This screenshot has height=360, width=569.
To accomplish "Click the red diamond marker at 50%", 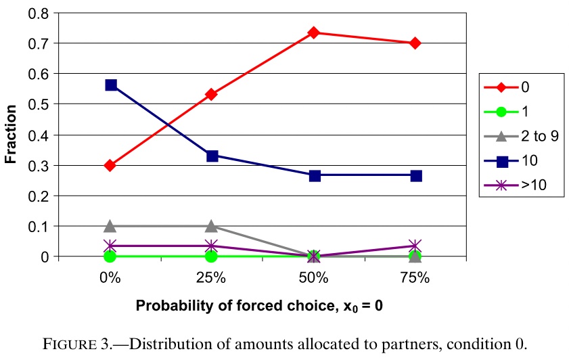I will click(314, 32).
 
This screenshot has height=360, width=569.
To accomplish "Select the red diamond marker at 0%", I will click(110, 165).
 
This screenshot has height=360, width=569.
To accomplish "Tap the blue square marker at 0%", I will click(110, 85).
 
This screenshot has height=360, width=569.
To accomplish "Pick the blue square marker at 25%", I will click(212, 156).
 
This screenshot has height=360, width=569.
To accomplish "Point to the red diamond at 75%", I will click(415, 43).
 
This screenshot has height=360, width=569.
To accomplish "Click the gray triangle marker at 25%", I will click(212, 226).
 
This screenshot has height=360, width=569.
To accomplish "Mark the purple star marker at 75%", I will click(415, 246).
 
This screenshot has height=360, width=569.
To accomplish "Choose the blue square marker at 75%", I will click(415, 175).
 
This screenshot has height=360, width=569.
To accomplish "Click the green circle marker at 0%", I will click(110, 256).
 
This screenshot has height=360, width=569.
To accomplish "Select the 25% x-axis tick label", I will click(212, 277).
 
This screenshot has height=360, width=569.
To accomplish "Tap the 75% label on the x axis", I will click(415, 277).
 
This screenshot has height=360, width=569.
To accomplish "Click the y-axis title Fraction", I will click(12, 135).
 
